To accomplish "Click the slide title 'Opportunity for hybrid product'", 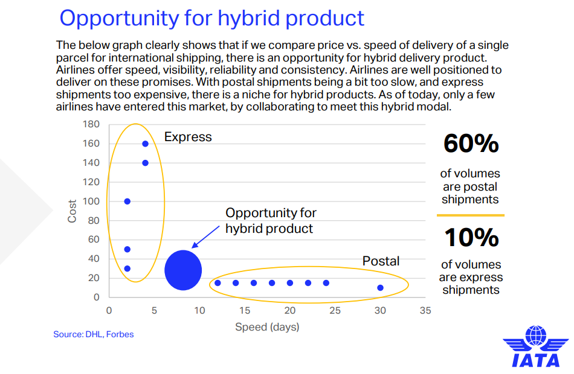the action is (x=212, y=18).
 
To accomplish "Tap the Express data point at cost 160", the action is (x=146, y=144).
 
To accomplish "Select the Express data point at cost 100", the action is (x=127, y=201).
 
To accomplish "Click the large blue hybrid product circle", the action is (x=183, y=270).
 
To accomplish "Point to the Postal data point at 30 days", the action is (x=380, y=288).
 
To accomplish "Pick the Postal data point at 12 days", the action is (x=218, y=283).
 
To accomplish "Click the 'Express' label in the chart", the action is (x=188, y=137).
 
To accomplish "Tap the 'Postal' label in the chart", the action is (x=381, y=261).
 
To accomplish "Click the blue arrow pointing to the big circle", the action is (x=205, y=237).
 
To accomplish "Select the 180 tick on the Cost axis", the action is (x=91, y=124).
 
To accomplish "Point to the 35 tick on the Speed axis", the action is (x=425, y=311).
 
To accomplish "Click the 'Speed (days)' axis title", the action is (x=267, y=327).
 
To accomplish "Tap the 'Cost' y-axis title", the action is (x=72, y=211).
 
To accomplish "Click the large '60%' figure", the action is (x=471, y=144).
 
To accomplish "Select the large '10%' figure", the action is (x=471, y=238).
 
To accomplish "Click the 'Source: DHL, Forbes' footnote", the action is (x=93, y=334).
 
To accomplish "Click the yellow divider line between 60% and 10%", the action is (x=471, y=215).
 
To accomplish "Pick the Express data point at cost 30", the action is (x=127, y=268).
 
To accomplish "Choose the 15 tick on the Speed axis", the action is (x=245, y=311).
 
